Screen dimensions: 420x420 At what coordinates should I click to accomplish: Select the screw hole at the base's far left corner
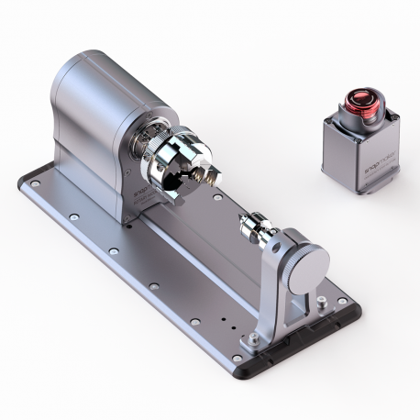coord(35,184)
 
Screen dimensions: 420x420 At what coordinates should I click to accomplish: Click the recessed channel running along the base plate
coord(183,266)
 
